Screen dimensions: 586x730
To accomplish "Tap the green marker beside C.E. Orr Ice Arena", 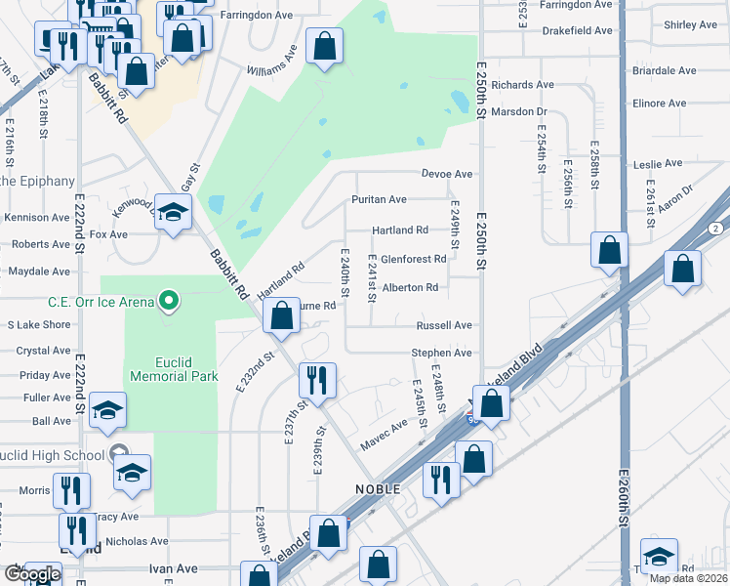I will [168, 301].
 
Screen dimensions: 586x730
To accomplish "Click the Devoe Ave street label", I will [447, 174].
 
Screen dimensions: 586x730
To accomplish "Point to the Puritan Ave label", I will [379, 199].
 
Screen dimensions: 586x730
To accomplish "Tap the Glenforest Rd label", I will [413, 259].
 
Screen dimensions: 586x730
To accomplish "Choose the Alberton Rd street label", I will [410, 287].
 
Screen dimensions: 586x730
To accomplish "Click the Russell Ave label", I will [444, 325].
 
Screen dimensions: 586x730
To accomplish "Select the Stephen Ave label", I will [441, 353].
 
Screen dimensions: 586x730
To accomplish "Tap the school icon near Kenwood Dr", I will [173, 214].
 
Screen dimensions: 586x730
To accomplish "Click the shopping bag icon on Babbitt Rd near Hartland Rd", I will [282, 314].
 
